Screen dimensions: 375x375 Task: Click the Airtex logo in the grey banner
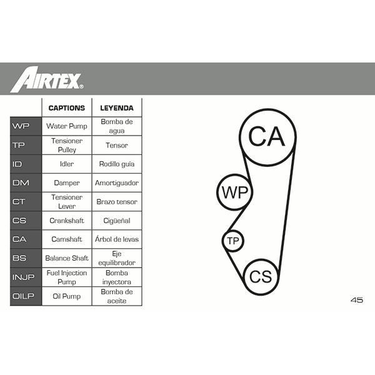pyautogui.click(x=47, y=79)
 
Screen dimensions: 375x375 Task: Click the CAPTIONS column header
pyautogui.click(x=67, y=108)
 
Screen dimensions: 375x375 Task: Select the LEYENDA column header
pyautogui.click(x=117, y=108)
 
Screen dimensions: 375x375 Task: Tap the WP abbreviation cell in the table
pyautogui.click(x=26, y=126)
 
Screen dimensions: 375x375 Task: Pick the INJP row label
pyautogui.click(x=26, y=277)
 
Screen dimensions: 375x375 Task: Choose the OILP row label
pyautogui.click(x=26, y=296)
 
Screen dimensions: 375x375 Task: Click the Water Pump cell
pyautogui.click(x=67, y=126)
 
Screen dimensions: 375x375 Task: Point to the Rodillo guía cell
pyautogui.click(x=117, y=164)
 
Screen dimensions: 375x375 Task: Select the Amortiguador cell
pyautogui.click(x=117, y=182)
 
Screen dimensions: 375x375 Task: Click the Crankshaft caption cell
pyautogui.click(x=67, y=221)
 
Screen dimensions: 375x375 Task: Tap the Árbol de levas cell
pyautogui.click(x=117, y=239)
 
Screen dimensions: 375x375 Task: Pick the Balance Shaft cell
pyautogui.click(x=67, y=258)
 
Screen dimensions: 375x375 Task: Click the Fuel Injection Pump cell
pyautogui.click(x=67, y=277)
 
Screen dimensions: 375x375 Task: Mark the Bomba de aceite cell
pyautogui.click(x=117, y=296)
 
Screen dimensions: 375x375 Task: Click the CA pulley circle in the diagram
pyautogui.click(x=240, y=137)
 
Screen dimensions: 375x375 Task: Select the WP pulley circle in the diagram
pyautogui.click(x=217, y=192)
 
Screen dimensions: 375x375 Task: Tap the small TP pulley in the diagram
pyautogui.click(x=222, y=241)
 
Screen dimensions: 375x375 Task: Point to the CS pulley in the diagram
pyautogui.click(x=244, y=277)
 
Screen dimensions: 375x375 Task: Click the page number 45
pyautogui.click(x=357, y=300)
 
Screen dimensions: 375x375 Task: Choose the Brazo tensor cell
pyautogui.click(x=117, y=202)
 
